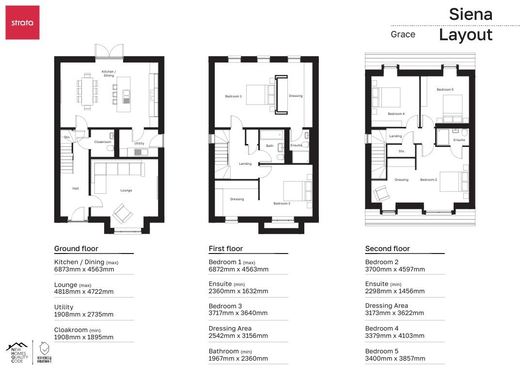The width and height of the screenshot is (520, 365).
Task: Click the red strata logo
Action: (x=22, y=22)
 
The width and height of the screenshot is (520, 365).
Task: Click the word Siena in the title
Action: (x=470, y=15)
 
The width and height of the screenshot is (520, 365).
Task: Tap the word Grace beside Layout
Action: (x=403, y=34)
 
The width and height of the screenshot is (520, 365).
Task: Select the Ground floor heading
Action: (x=73, y=249)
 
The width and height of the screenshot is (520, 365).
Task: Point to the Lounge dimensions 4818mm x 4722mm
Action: (x=84, y=292)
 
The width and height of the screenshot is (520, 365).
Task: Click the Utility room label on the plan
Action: (x=139, y=143)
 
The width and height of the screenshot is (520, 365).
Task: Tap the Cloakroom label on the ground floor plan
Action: (x=102, y=142)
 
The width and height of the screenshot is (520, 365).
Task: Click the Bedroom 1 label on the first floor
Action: (x=233, y=96)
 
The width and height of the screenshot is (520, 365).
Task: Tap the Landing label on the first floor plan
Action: (x=245, y=164)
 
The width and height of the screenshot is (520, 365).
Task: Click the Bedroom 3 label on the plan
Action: (x=282, y=204)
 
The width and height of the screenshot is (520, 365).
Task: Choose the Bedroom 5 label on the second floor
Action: (x=445, y=90)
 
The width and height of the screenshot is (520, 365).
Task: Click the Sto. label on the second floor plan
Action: (x=401, y=151)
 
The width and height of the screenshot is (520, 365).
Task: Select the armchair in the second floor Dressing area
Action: (x=381, y=194)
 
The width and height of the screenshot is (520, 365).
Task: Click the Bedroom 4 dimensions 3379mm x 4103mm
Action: (x=394, y=336)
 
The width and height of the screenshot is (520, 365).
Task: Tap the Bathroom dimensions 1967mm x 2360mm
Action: (x=238, y=359)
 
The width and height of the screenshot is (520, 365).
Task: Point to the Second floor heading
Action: (x=387, y=249)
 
